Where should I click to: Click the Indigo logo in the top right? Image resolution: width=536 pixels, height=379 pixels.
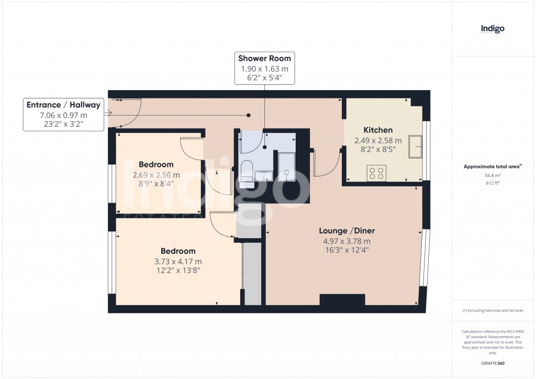493,29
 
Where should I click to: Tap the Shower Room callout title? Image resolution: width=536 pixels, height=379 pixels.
264,58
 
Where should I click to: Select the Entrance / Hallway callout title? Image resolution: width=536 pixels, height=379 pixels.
63,105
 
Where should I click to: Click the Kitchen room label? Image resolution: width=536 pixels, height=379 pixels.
378,130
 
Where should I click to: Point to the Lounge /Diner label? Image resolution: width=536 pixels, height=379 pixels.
347,231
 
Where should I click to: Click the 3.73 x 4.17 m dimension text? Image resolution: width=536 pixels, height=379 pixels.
178,261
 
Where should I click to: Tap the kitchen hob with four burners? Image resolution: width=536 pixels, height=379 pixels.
377,173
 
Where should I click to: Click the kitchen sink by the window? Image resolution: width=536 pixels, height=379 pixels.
416,146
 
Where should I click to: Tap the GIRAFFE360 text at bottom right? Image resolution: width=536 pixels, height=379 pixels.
492,363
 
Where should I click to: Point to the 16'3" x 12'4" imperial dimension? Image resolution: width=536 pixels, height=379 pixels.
347,250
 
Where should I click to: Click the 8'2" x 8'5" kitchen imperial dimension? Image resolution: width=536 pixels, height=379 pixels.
378,149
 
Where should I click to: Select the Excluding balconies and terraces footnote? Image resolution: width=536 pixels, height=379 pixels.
492,310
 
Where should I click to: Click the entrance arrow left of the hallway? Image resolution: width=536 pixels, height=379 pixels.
108,113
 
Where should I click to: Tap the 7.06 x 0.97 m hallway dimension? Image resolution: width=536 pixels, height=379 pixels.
63,115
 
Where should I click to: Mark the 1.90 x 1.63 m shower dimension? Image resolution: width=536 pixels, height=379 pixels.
264,69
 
